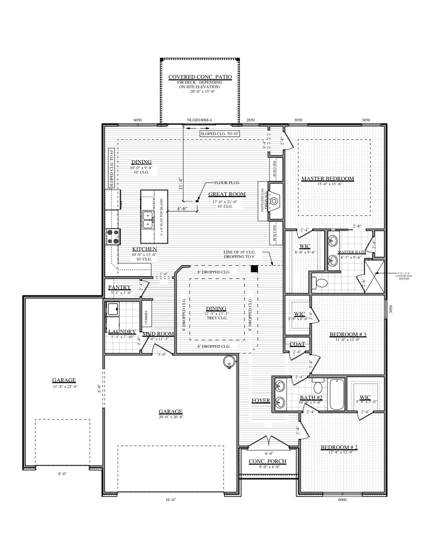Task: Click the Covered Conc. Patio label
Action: pyautogui.click(x=200, y=77)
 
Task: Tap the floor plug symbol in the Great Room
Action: pyautogui.click(x=197, y=201)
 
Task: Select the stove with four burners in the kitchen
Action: pyautogui.click(x=113, y=237)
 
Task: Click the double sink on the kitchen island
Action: pyautogui.click(x=148, y=220)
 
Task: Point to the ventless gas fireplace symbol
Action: pyautogui.click(x=274, y=201)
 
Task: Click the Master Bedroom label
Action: pyautogui.click(x=328, y=179)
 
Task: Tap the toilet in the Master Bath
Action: pyautogui.click(x=321, y=283)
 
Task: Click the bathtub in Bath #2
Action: pyautogui.click(x=337, y=394)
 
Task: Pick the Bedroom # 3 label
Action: pyautogui.click(x=348, y=334)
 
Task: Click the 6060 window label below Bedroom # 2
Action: pyautogui.click(x=342, y=500)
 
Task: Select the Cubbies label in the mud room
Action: pyautogui.click(x=146, y=317)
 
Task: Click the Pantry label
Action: pyautogui.click(x=119, y=287)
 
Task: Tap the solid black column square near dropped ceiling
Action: pyautogui.click(x=254, y=269)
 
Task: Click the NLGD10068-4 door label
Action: pyautogui.click(x=199, y=120)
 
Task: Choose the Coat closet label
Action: pyautogui.click(x=297, y=344)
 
